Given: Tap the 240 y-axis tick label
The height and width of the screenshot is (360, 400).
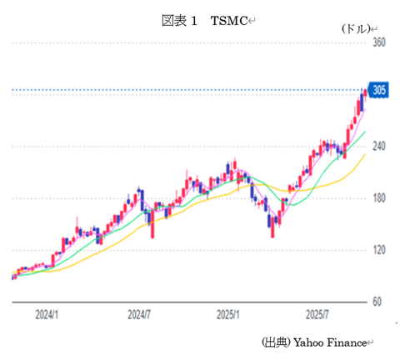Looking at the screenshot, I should coord(380,146).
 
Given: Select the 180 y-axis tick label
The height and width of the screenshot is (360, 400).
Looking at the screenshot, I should coord(380,198).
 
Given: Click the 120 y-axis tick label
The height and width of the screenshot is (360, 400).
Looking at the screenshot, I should coord(380,250).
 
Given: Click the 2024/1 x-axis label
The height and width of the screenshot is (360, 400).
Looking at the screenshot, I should coord(47,316).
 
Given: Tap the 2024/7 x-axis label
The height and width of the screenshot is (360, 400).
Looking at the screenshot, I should coord(138,316).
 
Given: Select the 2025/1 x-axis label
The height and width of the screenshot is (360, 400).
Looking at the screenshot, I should coord(227,316).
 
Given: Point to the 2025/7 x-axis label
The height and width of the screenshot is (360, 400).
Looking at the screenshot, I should coord(317,316).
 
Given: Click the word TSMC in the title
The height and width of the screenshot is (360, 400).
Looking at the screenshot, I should coord(227,19).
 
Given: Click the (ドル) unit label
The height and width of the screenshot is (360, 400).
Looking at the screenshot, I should coord(354,28).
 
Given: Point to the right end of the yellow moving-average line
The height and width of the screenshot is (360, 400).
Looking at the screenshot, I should coord(365,153).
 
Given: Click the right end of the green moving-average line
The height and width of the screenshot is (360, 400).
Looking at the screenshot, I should coord(365,132).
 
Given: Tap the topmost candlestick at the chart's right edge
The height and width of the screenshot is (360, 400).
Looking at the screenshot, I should coord(364,92).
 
